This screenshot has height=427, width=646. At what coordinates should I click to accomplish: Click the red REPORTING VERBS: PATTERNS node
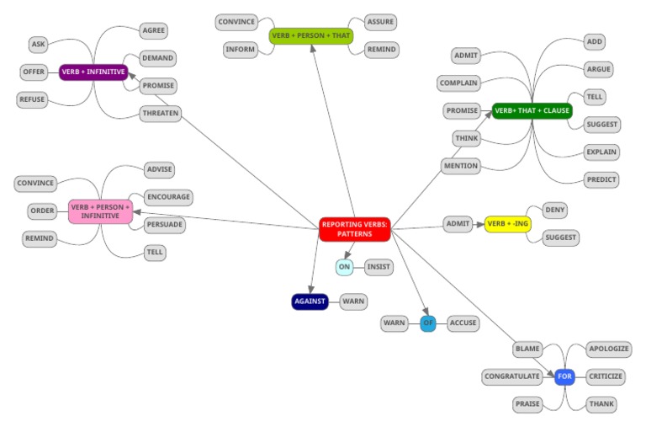click(354, 229)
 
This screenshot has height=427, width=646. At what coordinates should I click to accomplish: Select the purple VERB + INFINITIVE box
click(93, 72)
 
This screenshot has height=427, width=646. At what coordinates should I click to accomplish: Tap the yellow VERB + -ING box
click(508, 224)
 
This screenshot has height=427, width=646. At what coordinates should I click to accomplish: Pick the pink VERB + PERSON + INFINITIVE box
click(100, 211)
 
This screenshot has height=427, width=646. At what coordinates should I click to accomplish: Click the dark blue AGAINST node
click(310, 302)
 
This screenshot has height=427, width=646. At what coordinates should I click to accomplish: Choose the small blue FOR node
click(564, 376)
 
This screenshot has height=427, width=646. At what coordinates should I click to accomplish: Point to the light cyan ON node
click(344, 267)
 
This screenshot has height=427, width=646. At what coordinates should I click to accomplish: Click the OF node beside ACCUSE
click(428, 323)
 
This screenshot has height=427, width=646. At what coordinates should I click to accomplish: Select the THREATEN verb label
click(160, 114)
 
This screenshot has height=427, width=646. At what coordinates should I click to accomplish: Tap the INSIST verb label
click(379, 267)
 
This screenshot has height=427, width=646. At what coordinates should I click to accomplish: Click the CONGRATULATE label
click(512, 376)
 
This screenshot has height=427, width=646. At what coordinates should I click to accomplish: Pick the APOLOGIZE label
click(609, 349)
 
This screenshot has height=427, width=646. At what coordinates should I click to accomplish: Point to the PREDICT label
click(602, 179)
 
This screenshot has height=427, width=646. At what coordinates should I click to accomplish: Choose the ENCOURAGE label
click(168, 197)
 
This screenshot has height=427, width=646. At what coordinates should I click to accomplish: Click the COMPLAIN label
click(458, 83)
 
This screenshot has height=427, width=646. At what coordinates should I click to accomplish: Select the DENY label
click(555, 209)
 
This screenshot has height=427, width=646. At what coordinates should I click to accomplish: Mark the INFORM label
click(241, 50)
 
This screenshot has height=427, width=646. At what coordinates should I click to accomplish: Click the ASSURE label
click(380, 22)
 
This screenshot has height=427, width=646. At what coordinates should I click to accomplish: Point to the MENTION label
click(461, 166)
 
